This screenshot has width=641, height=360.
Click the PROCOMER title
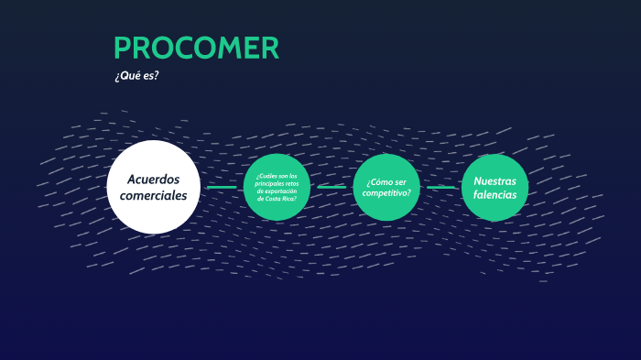(196, 49)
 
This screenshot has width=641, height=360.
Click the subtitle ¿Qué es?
(136, 76)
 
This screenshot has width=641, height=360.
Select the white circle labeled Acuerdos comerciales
(153, 187)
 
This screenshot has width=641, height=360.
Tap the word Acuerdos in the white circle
(153, 178)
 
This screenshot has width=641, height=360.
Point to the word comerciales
(153, 195)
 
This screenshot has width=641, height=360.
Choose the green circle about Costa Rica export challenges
(277, 187)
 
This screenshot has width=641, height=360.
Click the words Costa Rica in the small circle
(277, 199)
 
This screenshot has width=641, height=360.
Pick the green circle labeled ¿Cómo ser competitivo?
(386, 187)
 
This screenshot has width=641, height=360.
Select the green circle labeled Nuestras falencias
(494, 187)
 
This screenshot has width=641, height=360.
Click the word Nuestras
(494, 180)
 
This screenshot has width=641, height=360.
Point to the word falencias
(494, 194)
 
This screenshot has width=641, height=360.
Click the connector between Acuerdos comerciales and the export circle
(221, 187)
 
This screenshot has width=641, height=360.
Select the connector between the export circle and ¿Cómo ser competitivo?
(331, 187)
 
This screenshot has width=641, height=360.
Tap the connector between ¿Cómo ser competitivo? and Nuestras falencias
(440, 187)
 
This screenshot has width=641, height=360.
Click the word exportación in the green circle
(277, 191)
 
